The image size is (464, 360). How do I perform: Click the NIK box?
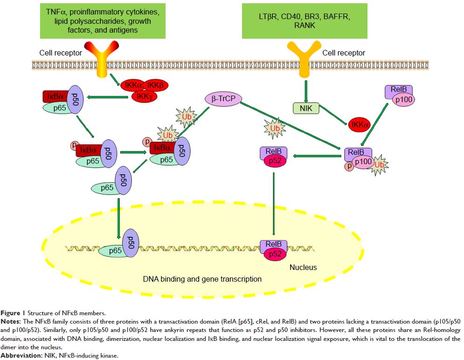click(x=305, y=109)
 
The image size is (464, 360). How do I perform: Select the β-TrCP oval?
click(x=224, y=99)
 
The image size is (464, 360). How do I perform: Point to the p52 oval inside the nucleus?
click(x=274, y=254)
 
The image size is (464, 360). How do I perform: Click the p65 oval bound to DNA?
click(x=115, y=250)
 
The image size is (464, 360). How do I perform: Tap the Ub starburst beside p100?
click(x=380, y=165)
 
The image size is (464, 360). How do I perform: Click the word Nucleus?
click(x=303, y=267)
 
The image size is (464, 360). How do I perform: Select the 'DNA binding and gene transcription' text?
click(x=202, y=279)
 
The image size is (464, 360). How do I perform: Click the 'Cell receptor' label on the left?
click(x=61, y=53)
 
